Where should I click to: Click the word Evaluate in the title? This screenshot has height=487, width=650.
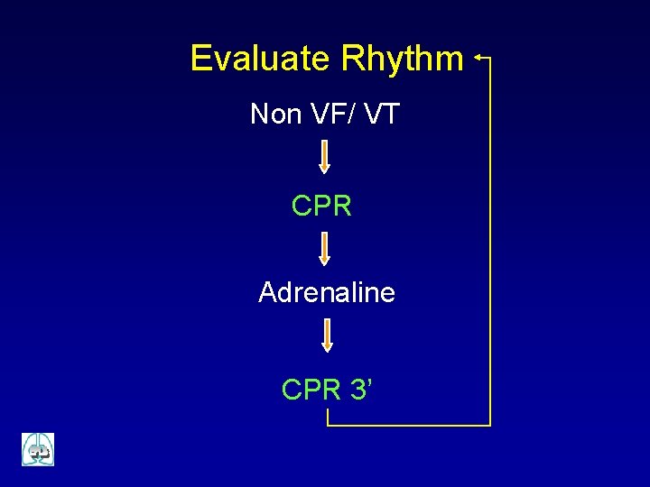[x=260, y=59]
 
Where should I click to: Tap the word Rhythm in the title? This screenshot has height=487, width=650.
[x=402, y=59]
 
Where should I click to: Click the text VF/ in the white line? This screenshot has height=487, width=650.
[x=339, y=115]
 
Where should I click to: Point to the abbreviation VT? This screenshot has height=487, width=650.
[x=383, y=115]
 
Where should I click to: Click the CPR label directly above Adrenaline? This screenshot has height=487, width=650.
[x=321, y=206]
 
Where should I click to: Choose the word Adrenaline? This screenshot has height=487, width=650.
[x=326, y=292]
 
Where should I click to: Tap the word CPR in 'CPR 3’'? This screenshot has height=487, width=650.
[x=311, y=390]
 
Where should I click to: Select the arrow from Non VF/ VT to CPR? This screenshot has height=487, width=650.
[x=325, y=156]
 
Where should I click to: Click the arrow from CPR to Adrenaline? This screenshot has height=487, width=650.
[x=325, y=248]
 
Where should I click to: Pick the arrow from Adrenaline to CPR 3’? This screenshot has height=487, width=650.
[x=327, y=335]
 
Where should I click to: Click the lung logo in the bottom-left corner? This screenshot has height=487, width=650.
[x=38, y=449]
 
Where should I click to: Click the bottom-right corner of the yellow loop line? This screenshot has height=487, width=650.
[x=490, y=424]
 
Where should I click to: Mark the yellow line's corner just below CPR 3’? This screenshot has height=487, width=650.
[x=328, y=424]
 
